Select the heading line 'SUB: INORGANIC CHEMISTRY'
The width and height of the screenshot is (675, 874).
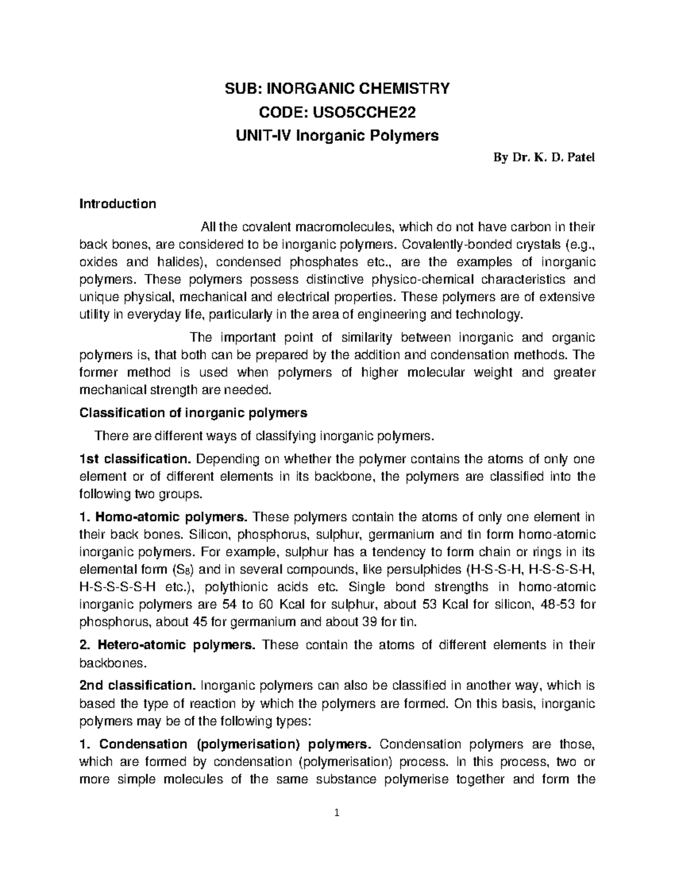click(x=337, y=89)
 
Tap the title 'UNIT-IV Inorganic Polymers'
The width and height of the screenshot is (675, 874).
click(x=337, y=136)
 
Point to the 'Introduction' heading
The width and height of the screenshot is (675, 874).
click(x=118, y=204)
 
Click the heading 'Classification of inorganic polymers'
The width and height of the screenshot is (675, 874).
click(x=193, y=413)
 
